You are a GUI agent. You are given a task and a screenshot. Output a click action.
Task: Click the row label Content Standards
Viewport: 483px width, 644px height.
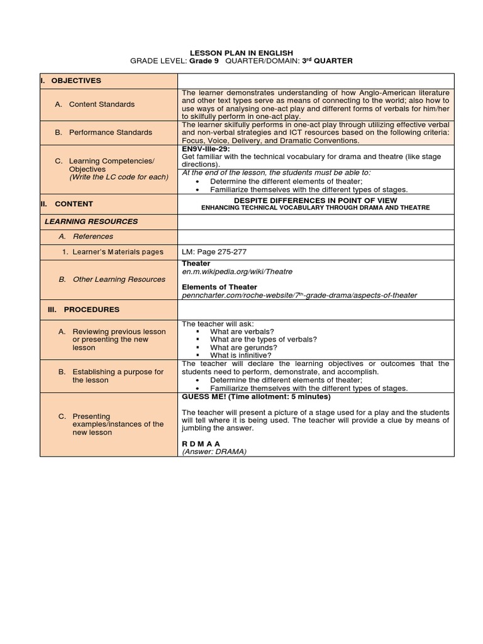(102, 104)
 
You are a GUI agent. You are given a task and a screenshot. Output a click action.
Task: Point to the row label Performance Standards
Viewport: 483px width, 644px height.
(110, 132)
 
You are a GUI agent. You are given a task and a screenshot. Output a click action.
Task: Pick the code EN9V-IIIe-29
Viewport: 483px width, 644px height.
(206, 149)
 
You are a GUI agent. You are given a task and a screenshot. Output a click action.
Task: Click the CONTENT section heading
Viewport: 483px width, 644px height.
(74, 204)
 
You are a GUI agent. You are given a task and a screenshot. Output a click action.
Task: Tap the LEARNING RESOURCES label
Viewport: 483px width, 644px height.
(91, 221)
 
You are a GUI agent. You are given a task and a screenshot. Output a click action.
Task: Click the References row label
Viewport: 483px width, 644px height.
(92, 236)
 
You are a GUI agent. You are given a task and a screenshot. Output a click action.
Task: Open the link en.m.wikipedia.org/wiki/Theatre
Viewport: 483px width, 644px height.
(237, 272)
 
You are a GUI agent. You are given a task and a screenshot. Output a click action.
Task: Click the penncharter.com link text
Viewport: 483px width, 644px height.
(299, 295)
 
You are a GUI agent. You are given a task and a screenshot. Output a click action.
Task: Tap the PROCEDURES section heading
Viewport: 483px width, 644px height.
(92, 309)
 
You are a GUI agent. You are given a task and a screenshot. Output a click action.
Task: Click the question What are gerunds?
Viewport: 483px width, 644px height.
(243, 347)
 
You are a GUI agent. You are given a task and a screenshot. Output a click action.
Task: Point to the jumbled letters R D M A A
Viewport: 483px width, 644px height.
(201, 443)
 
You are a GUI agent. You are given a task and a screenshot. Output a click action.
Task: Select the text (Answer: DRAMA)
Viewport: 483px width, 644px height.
(214, 452)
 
